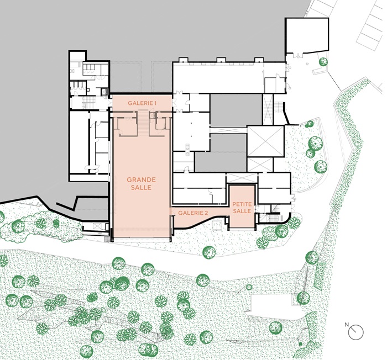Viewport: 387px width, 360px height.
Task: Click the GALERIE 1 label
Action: point(142,103)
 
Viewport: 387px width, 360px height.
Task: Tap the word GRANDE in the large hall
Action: point(141,179)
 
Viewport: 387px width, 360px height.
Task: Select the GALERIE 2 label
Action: point(193,213)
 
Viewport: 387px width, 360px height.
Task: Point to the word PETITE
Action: point(242,204)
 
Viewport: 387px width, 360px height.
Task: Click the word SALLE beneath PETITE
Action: point(242,211)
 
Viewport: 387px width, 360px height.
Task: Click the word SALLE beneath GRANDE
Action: point(141,187)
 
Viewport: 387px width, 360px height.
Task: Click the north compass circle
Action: point(356,332)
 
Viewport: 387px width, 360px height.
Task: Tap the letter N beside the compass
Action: point(347,325)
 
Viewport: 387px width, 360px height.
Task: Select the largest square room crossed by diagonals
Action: point(265,141)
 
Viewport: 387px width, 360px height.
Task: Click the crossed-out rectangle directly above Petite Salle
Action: point(242,178)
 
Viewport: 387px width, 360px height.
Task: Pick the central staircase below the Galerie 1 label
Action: point(143,123)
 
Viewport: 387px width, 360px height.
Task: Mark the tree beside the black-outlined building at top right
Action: point(323,62)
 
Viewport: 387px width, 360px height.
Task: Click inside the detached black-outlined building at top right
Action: point(307,35)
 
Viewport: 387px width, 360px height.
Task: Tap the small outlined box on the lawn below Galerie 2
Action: point(217,225)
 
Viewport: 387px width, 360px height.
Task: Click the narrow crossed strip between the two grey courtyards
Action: point(228,130)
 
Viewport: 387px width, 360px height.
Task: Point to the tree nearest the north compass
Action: point(275,328)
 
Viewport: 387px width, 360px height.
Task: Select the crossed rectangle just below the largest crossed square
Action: point(260,165)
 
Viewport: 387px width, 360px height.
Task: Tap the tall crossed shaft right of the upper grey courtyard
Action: point(268,109)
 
